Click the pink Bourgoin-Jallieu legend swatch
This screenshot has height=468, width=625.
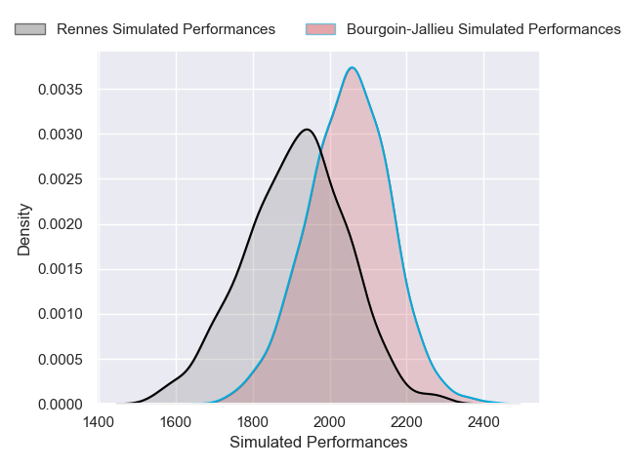(320, 29)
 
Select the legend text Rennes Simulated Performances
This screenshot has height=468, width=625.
(166, 29)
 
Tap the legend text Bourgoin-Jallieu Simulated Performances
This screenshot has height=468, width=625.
(483, 29)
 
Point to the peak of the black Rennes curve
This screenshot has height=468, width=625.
(307, 129)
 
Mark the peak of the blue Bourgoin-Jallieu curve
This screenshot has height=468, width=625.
(352, 67)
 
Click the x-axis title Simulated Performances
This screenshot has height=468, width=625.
(318, 442)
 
